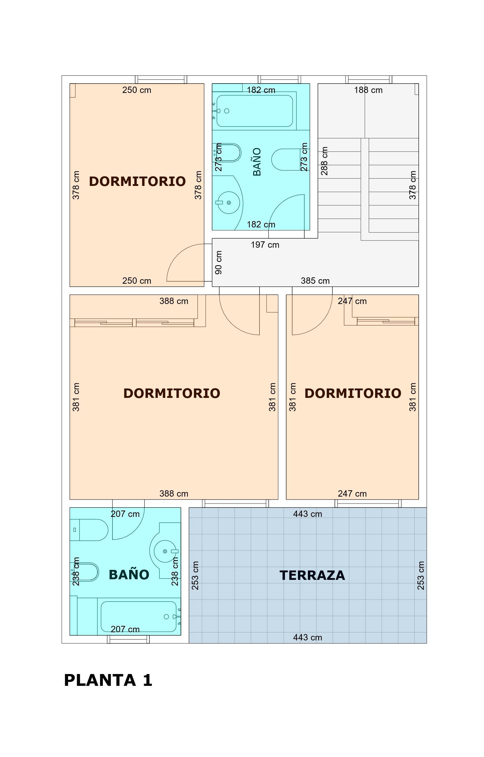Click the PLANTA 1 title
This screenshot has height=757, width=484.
(x=108, y=680)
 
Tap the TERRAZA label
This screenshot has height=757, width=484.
(x=312, y=576)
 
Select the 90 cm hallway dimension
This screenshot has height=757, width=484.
(x=219, y=262)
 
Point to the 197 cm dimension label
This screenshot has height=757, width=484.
(x=265, y=245)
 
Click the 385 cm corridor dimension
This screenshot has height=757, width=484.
(x=315, y=280)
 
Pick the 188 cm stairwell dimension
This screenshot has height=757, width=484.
(x=368, y=90)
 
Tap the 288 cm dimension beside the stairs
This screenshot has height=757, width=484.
(x=324, y=161)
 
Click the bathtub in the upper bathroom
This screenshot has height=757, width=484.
(x=255, y=111)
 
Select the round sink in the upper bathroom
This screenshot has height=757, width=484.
(x=229, y=203)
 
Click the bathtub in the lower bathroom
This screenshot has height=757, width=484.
(x=139, y=617)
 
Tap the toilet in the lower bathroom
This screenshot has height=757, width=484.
(x=89, y=530)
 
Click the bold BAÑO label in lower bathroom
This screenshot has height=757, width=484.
(x=129, y=575)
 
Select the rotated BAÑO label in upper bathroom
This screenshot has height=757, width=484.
(x=257, y=162)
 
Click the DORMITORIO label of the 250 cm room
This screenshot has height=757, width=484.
(x=137, y=181)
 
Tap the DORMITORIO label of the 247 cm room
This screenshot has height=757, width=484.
(x=353, y=393)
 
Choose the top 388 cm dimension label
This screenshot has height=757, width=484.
(x=174, y=301)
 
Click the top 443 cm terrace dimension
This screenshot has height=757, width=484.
(x=308, y=514)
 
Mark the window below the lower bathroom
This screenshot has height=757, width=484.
(x=128, y=640)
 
